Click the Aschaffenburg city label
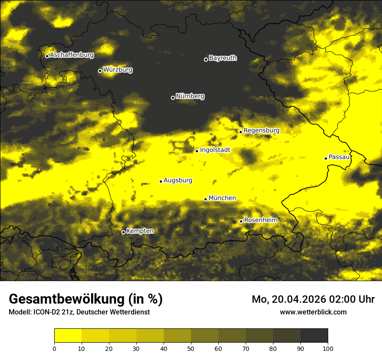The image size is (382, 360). click(x=72, y=55)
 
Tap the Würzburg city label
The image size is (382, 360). click(x=118, y=70)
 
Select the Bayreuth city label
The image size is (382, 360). click(x=223, y=58)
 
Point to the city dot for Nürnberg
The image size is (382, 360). click(x=173, y=98)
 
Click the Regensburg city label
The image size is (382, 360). click(x=261, y=131)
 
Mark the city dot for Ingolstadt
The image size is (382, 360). click(x=197, y=151)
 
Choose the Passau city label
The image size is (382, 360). click(x=339, y=157)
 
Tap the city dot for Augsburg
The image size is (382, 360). click(x=161, y=181)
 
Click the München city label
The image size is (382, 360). click(x=222, y=198)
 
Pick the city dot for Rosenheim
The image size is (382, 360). click(x=241, y=221)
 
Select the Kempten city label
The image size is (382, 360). click(x=140, y=231)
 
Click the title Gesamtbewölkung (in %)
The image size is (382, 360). click(x=86, y=299)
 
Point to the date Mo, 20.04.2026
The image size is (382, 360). click(x=291, y=299)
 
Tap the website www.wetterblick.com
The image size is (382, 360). click(x=313, y=312)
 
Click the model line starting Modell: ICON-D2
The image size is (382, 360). click(x=79, y=312)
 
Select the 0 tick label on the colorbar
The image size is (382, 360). click(x=54, y=348)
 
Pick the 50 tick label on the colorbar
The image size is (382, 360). click(x=191, y=348)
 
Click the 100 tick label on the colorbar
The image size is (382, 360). click(x=328, y=348)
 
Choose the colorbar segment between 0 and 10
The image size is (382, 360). click(x=68, y=336)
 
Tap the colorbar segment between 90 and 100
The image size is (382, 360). click(x=314, y=336)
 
